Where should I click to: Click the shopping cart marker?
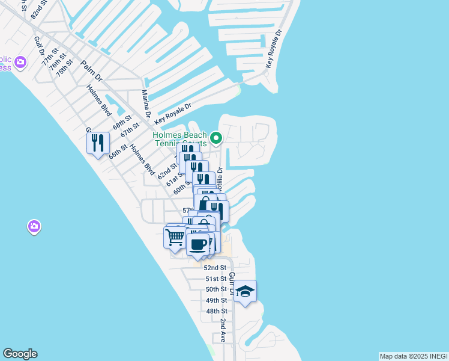[175, 236]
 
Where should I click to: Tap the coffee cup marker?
[197, 244]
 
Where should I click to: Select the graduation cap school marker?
[245, 292]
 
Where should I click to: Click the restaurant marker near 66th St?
[98, 143]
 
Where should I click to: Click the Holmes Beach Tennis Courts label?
[180, 139]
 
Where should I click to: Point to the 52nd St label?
[215, 268]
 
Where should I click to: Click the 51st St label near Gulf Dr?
[216, 279]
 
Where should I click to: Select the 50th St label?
[216, 289]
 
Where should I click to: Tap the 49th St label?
[216, 300]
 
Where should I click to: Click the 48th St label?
[216, 311]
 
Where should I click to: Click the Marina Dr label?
[145, 103]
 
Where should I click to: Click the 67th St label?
[130, 129]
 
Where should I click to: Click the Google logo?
[20, 354]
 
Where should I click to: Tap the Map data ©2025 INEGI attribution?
[414, 356]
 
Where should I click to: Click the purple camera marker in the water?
[34, 226]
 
